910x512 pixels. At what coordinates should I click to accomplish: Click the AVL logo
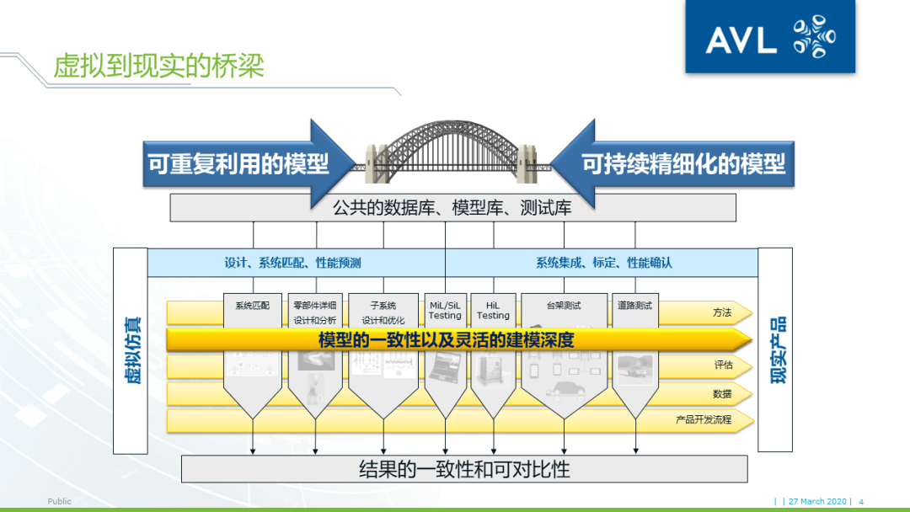(769, 37)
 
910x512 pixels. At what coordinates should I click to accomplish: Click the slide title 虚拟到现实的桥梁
(158, 66)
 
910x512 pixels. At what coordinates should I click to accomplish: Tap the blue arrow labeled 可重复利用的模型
(238, 163)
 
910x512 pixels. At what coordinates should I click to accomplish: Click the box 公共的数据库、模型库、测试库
(452, 207)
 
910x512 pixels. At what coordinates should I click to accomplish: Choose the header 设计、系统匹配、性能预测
(292, 263)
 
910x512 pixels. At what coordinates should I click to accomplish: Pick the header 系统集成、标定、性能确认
(603, 263)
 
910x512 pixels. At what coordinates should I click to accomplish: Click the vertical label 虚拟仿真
(133, 350)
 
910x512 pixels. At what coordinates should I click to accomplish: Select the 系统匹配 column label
(252, 306)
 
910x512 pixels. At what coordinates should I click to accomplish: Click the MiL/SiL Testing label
(445, 310)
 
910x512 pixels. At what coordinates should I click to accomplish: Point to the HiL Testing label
(493, 310)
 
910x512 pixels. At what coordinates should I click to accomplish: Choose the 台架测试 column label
(564, 306)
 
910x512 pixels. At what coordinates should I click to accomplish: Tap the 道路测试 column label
(634, 306)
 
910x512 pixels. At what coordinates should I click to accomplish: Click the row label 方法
(722, 313)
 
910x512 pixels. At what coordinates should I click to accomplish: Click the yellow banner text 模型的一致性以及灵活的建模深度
(446, 340)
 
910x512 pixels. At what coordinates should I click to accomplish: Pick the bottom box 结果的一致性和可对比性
(464, 469)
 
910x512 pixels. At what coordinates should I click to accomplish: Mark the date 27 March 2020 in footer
(818, 501)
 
